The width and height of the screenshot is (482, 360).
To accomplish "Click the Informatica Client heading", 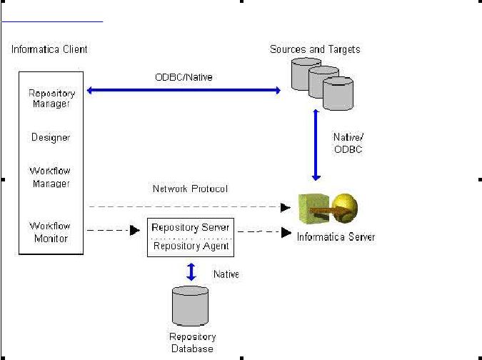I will (50, 49).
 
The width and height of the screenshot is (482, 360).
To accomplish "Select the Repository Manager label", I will (49, 99).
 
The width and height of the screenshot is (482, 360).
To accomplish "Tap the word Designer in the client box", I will (50, 137).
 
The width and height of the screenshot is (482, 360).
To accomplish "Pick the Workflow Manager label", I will (50, 177).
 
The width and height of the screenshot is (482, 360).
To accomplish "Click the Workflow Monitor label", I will (50, 231).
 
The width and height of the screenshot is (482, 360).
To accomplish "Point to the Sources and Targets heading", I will (315, 49).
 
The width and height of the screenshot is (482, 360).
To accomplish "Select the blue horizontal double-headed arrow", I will (183, 90).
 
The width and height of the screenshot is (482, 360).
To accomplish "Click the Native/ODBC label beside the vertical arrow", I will (348, 142).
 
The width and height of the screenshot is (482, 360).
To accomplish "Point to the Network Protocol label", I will (190, 189).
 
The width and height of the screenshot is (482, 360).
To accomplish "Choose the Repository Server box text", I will (191, 228).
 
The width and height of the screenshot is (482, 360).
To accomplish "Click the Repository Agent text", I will (191, 246).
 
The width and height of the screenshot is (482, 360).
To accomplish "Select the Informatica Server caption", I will (336, 236).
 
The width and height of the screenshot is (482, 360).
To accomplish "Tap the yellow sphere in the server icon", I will (344, 208).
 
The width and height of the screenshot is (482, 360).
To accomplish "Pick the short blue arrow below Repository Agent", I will (191, 272).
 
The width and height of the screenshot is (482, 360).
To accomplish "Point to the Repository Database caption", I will (192, 342).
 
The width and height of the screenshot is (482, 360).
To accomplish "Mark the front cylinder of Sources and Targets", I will (338, 94).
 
